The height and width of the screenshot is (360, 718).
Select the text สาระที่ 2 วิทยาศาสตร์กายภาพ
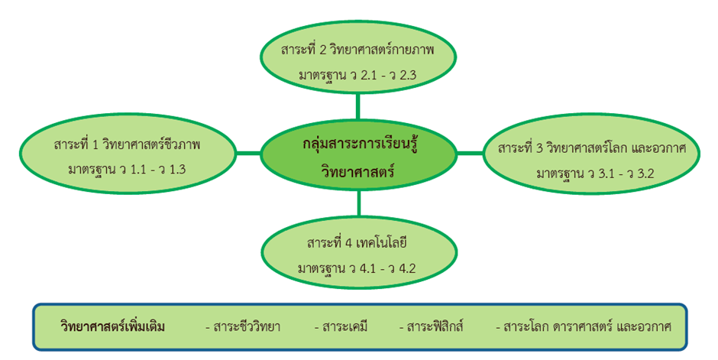[357, 50]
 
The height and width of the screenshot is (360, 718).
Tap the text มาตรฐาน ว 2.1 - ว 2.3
[357, 75]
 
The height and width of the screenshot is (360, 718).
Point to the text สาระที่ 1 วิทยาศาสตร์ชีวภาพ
[127, 144]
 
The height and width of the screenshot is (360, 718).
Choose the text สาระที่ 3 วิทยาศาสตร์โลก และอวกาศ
[592, 149]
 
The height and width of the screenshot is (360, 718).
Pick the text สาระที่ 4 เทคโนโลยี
[357, 243]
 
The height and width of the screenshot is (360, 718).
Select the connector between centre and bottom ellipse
[358, 203]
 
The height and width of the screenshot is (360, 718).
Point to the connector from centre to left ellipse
[247, 154]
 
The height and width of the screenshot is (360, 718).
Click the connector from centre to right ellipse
[471, 154]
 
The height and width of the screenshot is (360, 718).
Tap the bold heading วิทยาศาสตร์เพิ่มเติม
[112, 327]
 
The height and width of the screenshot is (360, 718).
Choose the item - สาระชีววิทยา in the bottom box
[243, 327]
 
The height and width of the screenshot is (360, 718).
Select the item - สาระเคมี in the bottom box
[341, 327]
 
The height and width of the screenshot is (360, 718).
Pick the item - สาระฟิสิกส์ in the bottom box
[432, 327]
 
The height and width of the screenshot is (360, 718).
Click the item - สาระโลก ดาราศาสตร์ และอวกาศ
[584, 327]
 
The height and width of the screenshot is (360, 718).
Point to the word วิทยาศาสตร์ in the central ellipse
[358, 172]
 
